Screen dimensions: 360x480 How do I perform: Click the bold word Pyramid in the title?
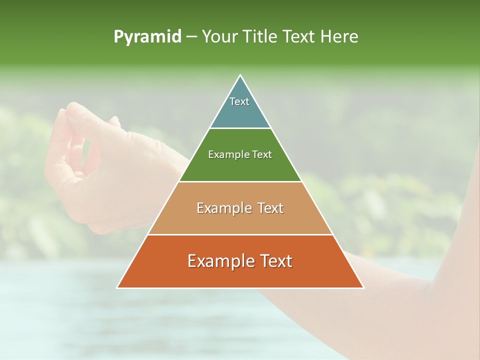point(147,37)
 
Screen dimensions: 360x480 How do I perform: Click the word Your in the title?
point(220,37)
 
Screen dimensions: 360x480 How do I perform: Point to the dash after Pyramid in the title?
point(191,37)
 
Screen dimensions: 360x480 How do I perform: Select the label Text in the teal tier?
point(239,101)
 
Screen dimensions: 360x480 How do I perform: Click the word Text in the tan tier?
point(270,208)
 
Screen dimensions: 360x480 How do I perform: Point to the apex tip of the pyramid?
point(240,76)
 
